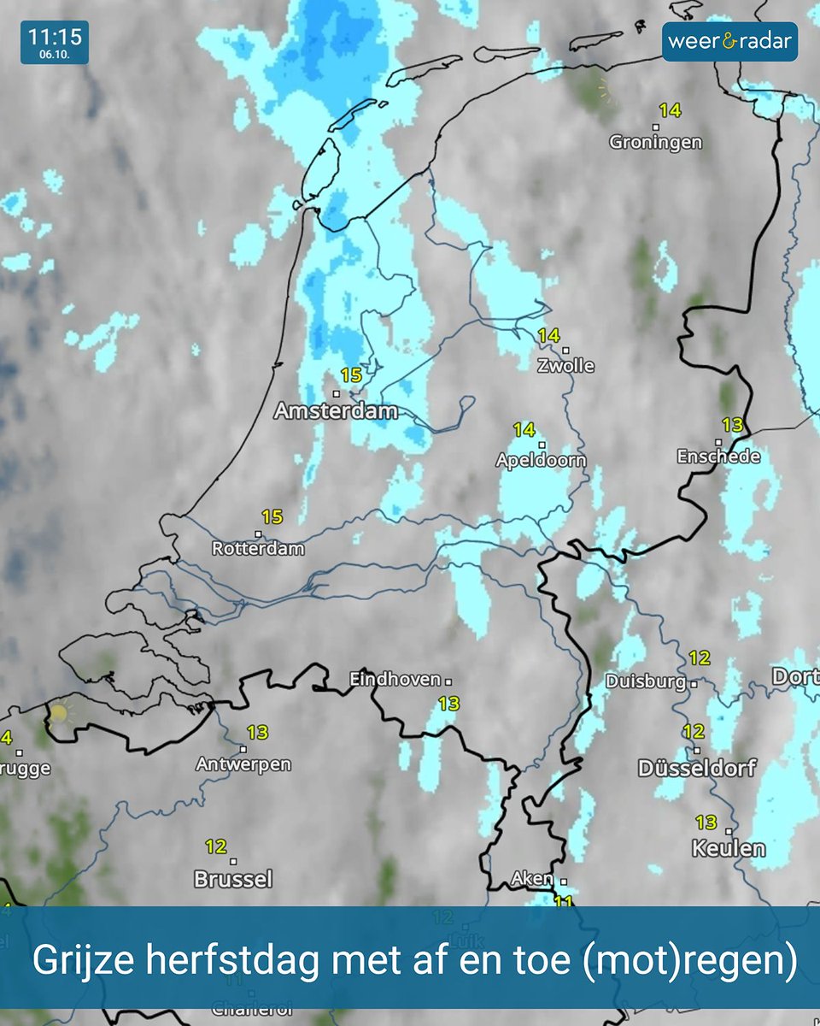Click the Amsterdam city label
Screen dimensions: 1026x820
(336, 411)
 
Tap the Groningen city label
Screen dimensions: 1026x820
(655, 142)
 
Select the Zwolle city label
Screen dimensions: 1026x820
(565, 365)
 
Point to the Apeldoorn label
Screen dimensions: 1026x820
(541, 460)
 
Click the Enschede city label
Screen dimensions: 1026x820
(718, 457)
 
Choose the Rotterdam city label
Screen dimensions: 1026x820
(258, 548)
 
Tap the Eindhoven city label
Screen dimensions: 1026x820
(395, 680)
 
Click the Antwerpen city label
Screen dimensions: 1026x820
(243, 764)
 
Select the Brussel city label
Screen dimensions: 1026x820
(233, 878)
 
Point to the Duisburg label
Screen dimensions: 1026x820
(646, 681)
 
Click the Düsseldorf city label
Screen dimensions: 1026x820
(697, 768)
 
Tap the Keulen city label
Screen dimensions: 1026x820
(729, 848)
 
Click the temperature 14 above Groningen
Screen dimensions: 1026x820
(670, 110)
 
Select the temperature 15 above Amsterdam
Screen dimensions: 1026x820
(351, 374)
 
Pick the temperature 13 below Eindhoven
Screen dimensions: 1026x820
(448, 704)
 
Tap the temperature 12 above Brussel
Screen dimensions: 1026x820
(215, 846)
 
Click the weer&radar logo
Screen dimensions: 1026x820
(729, 41)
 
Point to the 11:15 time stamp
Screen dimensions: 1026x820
(54, 37)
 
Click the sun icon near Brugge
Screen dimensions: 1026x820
(58, 712)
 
